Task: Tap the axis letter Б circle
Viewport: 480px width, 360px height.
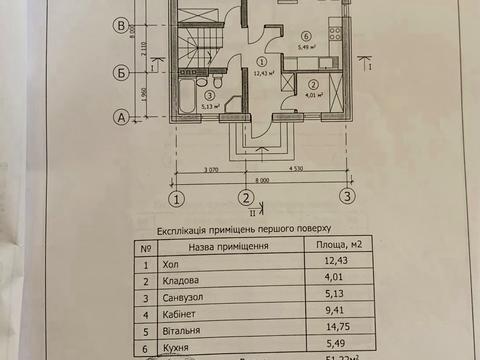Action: [120, 72]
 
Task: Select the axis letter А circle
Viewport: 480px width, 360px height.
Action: [120, 118]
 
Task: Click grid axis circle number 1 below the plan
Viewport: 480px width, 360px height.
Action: [176, 197]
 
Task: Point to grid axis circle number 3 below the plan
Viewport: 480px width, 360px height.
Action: [346, 197]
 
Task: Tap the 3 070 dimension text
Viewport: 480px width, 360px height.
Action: [209, 173]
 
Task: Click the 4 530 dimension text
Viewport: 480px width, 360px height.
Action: [296, 173]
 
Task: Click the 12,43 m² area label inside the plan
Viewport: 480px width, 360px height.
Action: [264, 72]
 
